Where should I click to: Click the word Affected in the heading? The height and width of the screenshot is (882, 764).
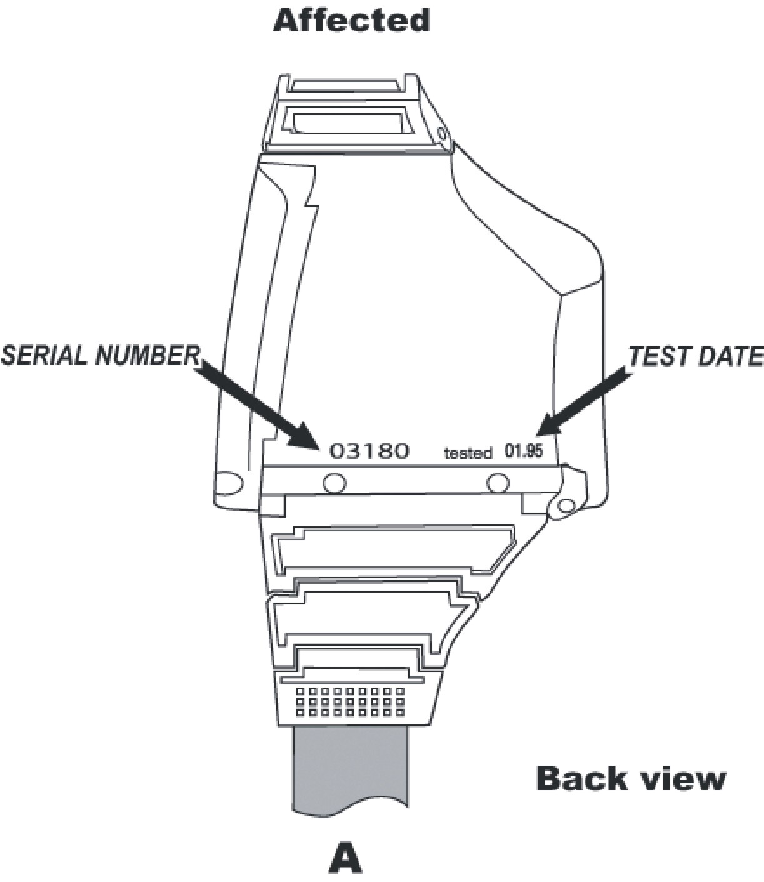pos(351,20)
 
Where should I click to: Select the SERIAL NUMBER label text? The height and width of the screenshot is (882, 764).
pos(100,355)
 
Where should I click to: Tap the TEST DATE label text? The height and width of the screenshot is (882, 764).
pos(695,356)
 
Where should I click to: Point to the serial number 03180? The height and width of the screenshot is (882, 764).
pos(369,450)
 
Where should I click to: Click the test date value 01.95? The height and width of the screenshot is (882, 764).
pos(524,450)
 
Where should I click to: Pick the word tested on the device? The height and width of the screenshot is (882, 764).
pos(467,453)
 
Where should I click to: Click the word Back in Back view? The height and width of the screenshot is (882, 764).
pos(581,779)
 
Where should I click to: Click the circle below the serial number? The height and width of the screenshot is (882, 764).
pos(333,483)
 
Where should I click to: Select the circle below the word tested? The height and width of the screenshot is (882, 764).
pos(498,483)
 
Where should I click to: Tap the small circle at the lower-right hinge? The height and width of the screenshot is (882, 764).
pos(566,505)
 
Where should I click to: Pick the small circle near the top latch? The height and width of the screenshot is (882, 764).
pos(442,133)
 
